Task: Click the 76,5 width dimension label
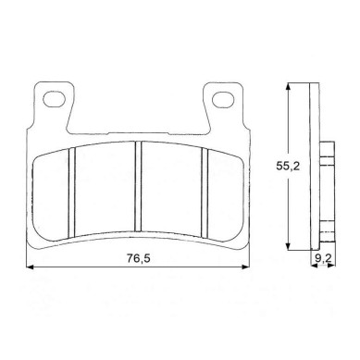click(x=138, y=258)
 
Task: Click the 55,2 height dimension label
click(x=288, y=167)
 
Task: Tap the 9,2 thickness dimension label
click(x=323, y=258)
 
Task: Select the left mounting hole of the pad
click(x=54, y=99)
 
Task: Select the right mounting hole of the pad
click(x=222, y=99)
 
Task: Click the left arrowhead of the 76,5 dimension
click(x=30, y=267)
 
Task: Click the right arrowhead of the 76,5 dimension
click(x=246, y=267)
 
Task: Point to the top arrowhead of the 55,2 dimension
click(x=288, y=86)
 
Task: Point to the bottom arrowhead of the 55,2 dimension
click(x=288, y=246)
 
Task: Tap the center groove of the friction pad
click(x=138, y=186)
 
